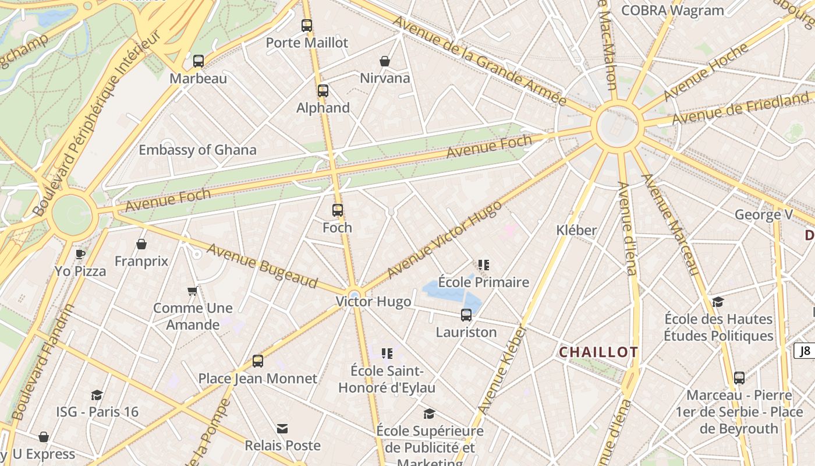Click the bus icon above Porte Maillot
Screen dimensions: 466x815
coord(307,26)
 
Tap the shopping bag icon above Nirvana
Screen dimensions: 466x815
coord(385,61)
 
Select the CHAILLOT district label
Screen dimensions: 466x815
coord(598,352)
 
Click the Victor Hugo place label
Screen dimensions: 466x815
coord(373,302)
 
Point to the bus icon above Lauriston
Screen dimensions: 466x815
coord(466,315)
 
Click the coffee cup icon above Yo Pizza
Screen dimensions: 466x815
coord(80,254)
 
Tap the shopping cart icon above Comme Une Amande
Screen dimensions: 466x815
coord(193,291)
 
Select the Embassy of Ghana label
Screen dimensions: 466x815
coord(197,150)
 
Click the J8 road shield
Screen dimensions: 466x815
coord(805,351)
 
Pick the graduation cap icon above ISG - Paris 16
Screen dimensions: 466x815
coord(97,395)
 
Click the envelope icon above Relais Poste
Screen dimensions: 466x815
coord(282,429)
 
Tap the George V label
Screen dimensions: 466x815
coord(763,214)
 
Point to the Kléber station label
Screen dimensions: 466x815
coord(576,230)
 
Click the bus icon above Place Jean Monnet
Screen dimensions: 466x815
coord(258,361)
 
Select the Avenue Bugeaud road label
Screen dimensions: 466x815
coord(263,266)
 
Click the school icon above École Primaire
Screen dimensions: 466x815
coord(483,265)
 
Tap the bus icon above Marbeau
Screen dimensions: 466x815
coord(199,61)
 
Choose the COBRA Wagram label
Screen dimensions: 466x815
coord(672,10)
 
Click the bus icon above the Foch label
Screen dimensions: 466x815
coord(338,210)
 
